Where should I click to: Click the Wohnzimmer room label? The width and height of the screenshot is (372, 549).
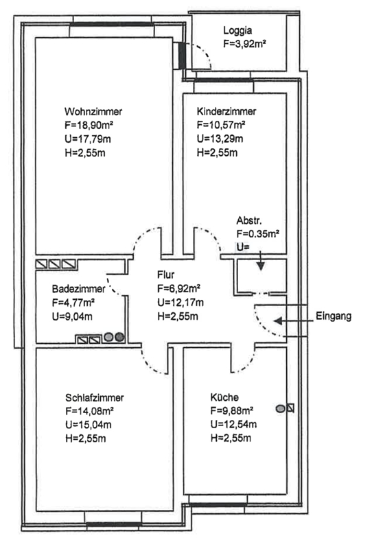[93, 112]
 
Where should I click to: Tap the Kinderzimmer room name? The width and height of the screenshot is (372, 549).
[226, 111]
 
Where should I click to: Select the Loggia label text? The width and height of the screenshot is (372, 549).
[237, 31]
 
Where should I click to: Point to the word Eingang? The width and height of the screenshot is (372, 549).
[334, 316]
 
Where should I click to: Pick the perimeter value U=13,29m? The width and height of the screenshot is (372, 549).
[220, 139]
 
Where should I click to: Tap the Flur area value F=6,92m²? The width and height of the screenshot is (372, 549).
[178, 288]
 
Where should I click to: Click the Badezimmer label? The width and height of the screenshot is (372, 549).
[78, 289]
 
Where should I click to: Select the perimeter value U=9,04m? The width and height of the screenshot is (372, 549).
[72, 316]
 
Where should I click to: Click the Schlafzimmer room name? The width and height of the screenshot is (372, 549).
[95, 398]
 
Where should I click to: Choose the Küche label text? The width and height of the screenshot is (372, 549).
[224, 397]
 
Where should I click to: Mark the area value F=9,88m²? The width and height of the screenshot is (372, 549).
[232, 410]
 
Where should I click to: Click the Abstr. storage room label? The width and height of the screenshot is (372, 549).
[249, 220]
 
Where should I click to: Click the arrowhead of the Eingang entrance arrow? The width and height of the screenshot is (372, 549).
[278, 320]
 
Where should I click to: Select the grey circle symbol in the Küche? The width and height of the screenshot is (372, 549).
[281, 408]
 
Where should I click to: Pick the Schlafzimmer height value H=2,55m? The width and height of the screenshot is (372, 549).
[86, 439]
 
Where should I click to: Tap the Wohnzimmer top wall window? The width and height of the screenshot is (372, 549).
[111, 25]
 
